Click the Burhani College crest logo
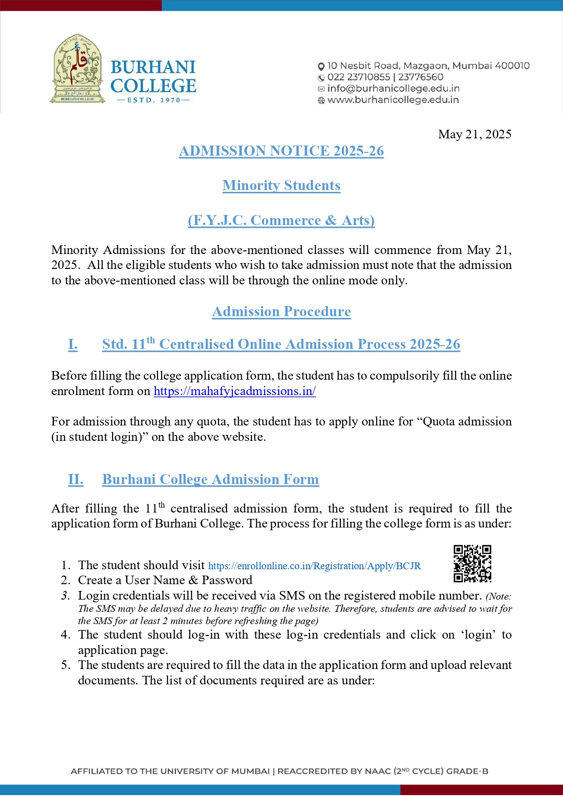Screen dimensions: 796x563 click(x=78, y=68)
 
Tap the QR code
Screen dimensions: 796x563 click(x=472, y=564)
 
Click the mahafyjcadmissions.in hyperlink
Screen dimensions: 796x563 click(x=235, y=391)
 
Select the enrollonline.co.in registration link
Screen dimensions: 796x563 click(x=314, y=566)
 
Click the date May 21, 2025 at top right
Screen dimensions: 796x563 click(x=475, y=134)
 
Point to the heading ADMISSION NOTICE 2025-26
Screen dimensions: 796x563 click(x=281, y=151)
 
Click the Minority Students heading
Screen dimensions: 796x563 click(x=281, y=186)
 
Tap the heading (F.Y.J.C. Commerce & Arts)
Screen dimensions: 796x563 click(x=281, y=220)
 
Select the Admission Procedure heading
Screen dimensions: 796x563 click(x=281, y=312)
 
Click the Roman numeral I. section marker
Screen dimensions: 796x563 click(x=73, y=344)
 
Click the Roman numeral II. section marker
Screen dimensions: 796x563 click(x=75, y=479)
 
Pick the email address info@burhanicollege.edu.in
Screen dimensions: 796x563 click(x=393, y=88)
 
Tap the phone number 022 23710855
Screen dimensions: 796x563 click(x=358, y=77)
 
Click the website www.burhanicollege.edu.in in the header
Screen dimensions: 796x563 click(x=393, y=100)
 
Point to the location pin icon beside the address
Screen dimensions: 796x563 click(x=321, y=66)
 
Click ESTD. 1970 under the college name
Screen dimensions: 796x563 click(x=153, y=100)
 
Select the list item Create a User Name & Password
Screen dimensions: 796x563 click(x=165, y=581)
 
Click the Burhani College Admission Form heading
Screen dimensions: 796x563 click(x=211, y=479)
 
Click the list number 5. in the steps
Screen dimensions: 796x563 click(x=66, y=665)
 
